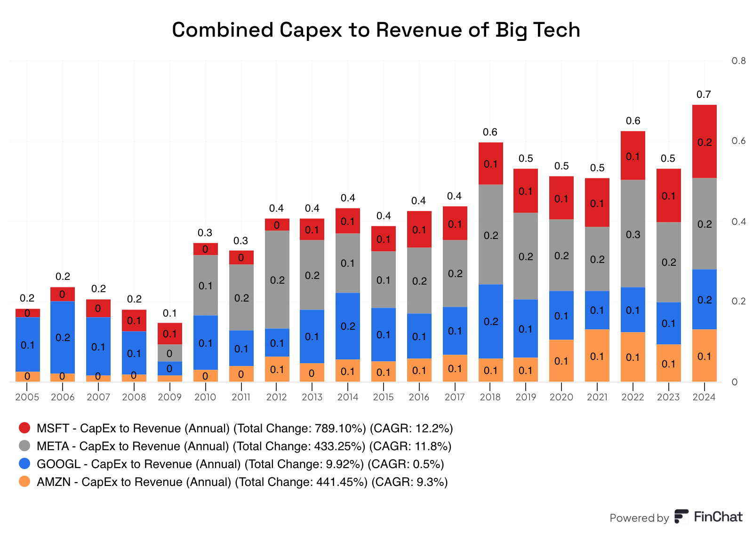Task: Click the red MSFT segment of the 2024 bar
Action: point(704,141)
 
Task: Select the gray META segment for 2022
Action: point(633,233)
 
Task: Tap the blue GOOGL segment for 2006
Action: point(63,337)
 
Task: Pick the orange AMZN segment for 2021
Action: point(597,356)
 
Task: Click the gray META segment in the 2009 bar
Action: point(169,353)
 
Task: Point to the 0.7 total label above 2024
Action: point(704,95)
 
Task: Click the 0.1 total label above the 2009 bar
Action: point(169,313)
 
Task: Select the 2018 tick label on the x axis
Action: point(490,397)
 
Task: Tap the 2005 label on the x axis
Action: point(27,397)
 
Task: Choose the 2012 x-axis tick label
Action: point(276,397)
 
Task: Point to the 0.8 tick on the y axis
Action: point(738,61)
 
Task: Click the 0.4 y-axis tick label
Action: point(738,222)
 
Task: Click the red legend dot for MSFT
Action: point(24,428)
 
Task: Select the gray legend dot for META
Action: point(24,445)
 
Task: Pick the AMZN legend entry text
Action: point(242,482)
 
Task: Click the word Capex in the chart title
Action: point(311,30)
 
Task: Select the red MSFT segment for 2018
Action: point(490,163)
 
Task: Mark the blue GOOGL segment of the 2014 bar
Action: point(348,326)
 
